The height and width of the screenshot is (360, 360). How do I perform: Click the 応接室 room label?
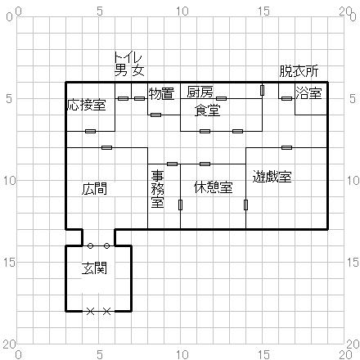(86, 105)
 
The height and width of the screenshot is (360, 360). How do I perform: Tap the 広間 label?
(94, 188)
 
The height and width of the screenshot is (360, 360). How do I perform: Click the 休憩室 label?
(213, 187)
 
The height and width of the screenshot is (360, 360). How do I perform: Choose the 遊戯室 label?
(272, 176)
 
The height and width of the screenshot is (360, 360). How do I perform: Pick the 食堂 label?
(207, 110)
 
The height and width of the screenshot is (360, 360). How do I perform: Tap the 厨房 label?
(200, 91)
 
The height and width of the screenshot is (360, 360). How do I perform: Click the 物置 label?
(161, 93)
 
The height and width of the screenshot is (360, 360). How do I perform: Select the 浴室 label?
(308, 93)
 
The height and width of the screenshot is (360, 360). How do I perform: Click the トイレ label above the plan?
(128, 57)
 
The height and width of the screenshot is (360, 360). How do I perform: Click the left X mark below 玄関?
(90, 311)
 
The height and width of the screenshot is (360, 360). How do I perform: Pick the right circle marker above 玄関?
(106, 245)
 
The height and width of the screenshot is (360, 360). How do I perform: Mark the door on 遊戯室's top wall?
(286, 147)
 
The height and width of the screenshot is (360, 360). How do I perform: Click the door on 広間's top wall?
(106, 147)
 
